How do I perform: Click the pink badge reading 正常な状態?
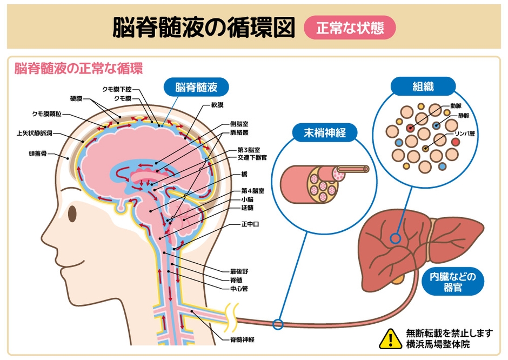coord(350,28)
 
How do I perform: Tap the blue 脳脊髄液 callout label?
coord(196,87)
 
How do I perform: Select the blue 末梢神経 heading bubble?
coord(325,132)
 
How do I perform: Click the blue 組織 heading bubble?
coord(423,86)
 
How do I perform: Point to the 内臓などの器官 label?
coord(452,282)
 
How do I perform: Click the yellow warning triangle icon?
coord(390,338)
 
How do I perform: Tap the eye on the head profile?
coord(72,214)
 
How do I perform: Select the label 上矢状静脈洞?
coord(34,133)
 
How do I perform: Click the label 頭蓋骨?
coord(38,154)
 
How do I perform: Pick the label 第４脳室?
coord(253,190)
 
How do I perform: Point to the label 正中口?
coord(250,224)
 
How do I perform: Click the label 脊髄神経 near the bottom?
coord(242,339)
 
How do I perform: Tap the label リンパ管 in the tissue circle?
coord(464,134)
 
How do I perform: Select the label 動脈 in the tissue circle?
coord(456,106)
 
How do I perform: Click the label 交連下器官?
coord(252,158)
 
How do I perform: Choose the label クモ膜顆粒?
coord(46,114)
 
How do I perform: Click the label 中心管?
coord(239,289)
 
